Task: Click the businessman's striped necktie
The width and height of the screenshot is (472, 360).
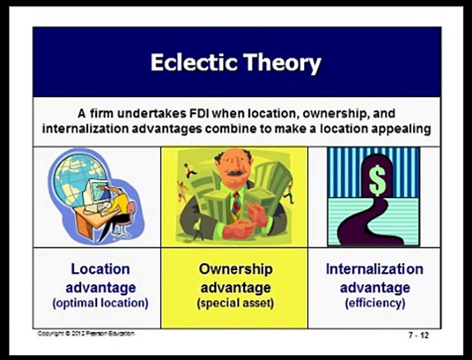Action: click(x=235, y=203)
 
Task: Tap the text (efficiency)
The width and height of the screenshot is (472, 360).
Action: click(x=374, y=303)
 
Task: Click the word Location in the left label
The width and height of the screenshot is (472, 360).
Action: click(x=100, y=269)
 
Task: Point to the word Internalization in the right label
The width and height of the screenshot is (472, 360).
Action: click(x=374, y=269)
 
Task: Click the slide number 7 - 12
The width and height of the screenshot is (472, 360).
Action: click(x=418, y=335)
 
